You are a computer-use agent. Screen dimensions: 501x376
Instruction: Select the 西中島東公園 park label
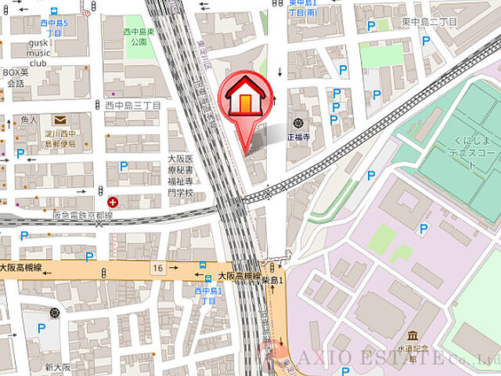(139, 36)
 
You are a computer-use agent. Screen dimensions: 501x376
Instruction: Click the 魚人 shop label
(30, 120)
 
